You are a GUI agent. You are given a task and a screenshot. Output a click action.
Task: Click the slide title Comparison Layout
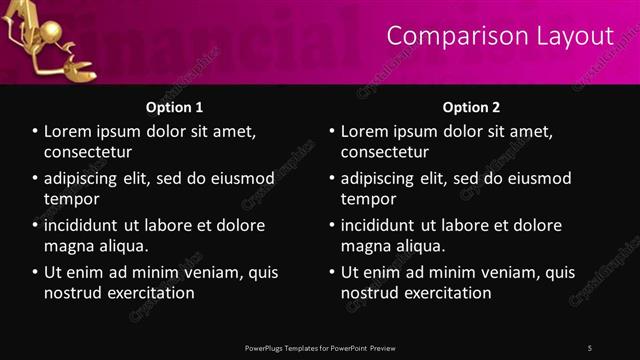pyautogui.click(x=499, y=36)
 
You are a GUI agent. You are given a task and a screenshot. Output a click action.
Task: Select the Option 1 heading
pyautogui.click(x=174, y=107)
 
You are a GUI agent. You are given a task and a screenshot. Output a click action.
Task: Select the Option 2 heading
pyautogui.click(x=471, y=107)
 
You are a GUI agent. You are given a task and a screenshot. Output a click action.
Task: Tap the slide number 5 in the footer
pyautogui.click(x=590, y=348)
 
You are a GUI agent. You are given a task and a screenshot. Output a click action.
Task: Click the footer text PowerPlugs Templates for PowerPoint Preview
pyautogui.click(x=320, y=348)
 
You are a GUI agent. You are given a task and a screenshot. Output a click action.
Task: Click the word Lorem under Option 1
pyautogui.click(x=70, y=131)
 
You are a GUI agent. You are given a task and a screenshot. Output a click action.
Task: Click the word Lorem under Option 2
pyautogui.click(x=367, y=131)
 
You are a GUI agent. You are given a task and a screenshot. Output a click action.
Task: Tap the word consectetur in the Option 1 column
pyautogui.click(x=88, y=152)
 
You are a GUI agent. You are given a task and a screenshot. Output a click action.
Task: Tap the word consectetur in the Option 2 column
pyautogui.click(x=385, y=152)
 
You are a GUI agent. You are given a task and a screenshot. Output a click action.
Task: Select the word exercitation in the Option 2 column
pyautogui.click(x=444, y=293)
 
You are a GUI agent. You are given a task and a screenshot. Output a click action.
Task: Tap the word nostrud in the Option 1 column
pyautogui.click(x=71, y=293)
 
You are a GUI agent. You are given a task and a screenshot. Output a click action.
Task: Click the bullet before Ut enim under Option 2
pyautogui.click(x=331, y=272)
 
